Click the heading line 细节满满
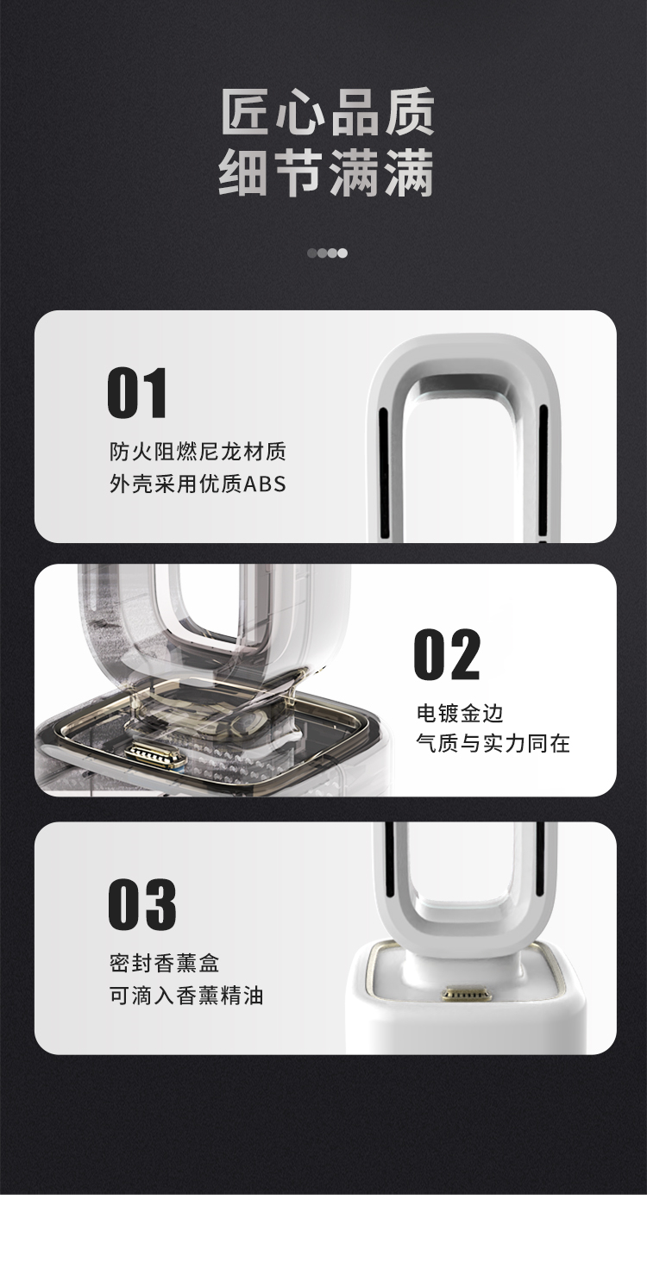[327, 172]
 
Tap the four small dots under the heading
[328, 253]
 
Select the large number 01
[138, 393]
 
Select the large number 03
[142, 904]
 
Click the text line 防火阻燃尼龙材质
[198, 452]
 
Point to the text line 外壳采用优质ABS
[198, 484]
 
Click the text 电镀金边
[460, 713]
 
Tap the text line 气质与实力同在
[493, 743]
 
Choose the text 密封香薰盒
[164, 963]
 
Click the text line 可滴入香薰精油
[186, 995]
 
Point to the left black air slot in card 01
[384, 473]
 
